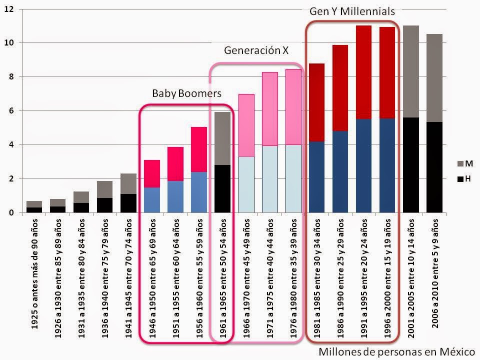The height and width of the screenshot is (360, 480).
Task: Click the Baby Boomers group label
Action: click(x=186, y=93)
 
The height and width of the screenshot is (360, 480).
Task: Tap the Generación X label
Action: click(x=256, y=50)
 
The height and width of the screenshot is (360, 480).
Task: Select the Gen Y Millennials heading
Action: click(x=352, y=10)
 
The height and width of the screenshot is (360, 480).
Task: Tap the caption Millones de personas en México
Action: click(x=397, y=352)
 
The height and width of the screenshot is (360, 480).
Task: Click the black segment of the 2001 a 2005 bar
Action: click(x=410, y=165)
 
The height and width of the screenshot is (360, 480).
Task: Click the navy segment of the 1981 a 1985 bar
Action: click(x=316, y=177)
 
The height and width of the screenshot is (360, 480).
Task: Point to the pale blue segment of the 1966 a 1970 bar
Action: click(x=246, y=184)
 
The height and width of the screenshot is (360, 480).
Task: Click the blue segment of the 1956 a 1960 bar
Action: click(x=199, y=192)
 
